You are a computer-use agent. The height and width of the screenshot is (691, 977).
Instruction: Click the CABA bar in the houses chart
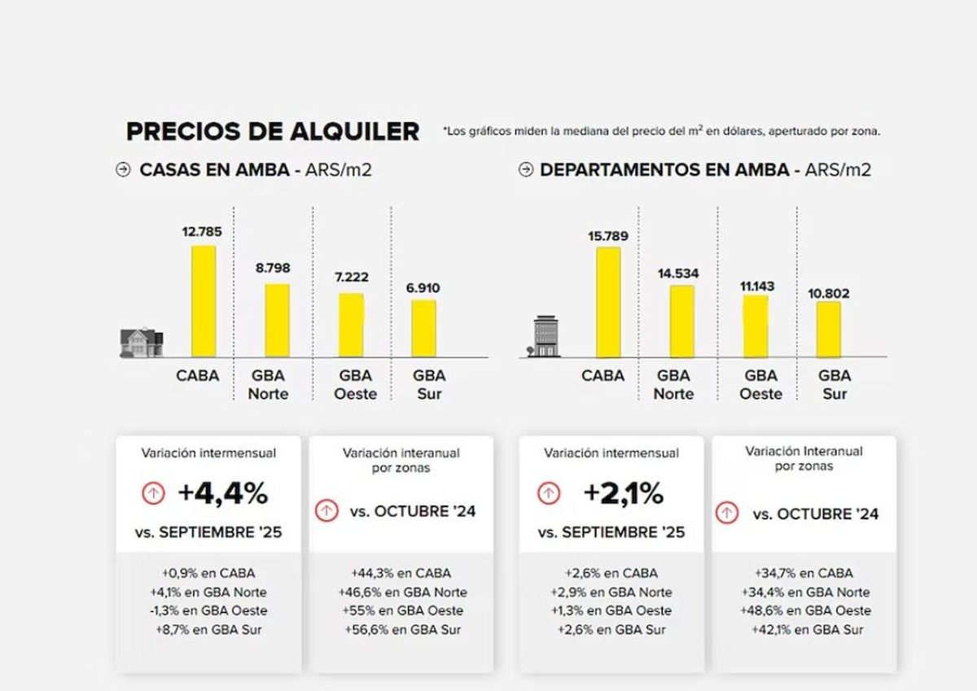coord(204,301)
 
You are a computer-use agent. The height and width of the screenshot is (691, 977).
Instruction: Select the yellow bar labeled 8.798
coord(277,321)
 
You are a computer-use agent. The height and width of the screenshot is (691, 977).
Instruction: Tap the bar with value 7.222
coord(351,325)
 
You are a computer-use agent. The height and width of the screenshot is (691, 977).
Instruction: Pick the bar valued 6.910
coord(423,328)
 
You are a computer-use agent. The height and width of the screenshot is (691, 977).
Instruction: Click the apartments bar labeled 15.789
coord(608,302)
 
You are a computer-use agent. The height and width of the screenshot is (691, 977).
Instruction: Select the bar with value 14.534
coord(682,321)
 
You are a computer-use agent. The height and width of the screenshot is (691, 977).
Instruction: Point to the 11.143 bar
coord(756,326)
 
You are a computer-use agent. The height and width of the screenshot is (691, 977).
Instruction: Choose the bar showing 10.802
coord(829,329)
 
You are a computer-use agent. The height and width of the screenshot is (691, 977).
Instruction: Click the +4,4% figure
coord(223,493)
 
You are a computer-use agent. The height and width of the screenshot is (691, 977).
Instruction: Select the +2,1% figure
coord(623,493)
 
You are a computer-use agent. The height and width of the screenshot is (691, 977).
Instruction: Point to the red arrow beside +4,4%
coord(154,493)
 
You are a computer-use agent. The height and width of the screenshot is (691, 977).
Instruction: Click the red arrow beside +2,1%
coord(549,493)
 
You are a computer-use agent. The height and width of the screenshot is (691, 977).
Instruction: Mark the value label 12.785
coord(202,232)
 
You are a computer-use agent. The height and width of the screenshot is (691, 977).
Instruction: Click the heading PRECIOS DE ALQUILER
coord(273,131)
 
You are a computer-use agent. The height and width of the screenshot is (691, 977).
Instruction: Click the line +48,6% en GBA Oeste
coord(805,610)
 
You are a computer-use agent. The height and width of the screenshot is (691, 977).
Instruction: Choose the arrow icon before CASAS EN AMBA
coord(124,170)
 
